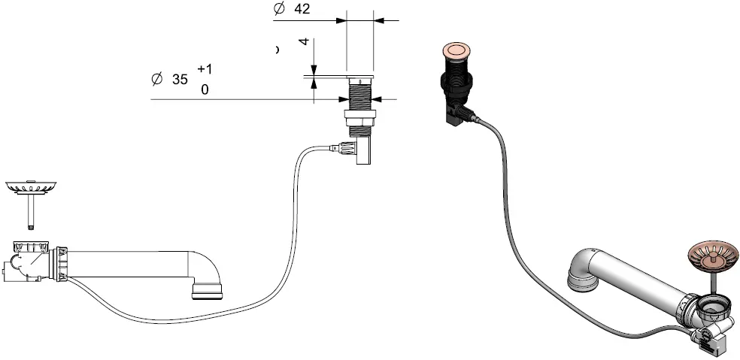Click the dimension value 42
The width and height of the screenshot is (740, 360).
pyautogui.click(x=302, y=9)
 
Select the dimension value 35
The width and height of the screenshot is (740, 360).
pyautogui.click(x=180, y=79)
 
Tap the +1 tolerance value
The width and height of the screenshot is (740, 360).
pyautogui.click(x=205, y=69)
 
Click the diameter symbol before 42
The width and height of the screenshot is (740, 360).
pyautogui.click(x=279, y=9)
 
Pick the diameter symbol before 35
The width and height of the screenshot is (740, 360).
pyautogui.click(x=156, y=79)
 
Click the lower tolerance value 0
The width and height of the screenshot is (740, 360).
pyautogui.click(x=205, y=89)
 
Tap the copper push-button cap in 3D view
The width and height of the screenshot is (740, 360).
pyautogui.click(x=455, y=51)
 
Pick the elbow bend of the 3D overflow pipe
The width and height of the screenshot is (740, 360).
pyautogui.click(x=583, y=271)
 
